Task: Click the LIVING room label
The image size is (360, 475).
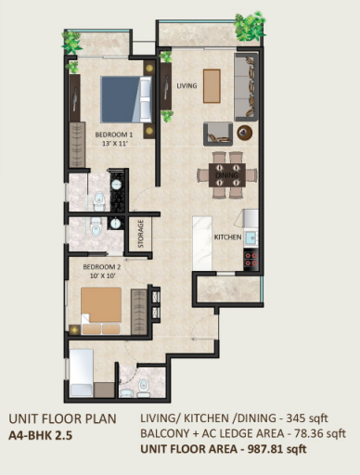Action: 186,85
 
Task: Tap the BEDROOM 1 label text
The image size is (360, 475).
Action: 114,135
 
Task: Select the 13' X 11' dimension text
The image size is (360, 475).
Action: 115,144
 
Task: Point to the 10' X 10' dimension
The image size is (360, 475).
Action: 103,276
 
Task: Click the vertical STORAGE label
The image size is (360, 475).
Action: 141,234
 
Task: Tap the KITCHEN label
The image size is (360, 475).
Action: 228,237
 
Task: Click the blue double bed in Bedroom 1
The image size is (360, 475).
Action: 126,99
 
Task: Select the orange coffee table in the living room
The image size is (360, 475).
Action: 212,86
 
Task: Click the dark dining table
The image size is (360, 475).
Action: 227,175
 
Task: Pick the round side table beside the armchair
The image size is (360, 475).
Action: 245,133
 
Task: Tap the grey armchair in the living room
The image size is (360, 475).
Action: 218,134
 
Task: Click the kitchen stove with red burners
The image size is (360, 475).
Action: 251,260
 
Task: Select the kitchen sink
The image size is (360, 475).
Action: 251,238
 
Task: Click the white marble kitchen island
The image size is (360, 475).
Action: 202,243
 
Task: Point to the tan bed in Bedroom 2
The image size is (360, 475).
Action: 101,311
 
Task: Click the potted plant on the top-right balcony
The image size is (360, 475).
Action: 250,27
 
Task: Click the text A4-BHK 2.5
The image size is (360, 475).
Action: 41,435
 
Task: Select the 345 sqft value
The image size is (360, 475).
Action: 307,418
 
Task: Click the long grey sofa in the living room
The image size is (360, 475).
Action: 246,87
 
